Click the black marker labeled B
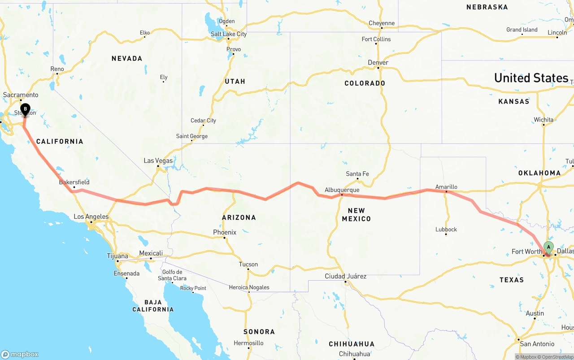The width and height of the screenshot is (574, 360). [x=26, y=109]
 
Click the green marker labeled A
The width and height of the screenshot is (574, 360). [x=548, y=247]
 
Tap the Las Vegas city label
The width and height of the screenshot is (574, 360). [x=158, y=160]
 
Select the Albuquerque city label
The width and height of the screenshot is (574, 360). [x=342, y=190]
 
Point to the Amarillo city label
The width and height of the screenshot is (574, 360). [x=446, y=187]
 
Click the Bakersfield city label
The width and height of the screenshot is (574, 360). [x=74, y=182]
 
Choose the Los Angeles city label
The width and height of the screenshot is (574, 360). [x=91, y=217]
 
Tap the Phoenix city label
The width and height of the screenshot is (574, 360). [x=225, y=232]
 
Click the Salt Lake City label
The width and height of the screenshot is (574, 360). [x=229, y=34]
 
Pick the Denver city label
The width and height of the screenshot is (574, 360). [x=378, y=62]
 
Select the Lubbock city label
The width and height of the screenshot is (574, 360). [x=446, y=229]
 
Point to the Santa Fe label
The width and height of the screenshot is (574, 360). [x=357, y=174]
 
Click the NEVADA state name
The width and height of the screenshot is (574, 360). [x=127, y=58]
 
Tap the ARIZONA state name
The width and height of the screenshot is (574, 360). [x=239, y=217]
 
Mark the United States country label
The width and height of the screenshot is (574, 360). [x=531, y=78]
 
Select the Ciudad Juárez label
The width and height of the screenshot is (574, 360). [x=345, y=276]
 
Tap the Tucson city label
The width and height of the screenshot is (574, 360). [x=248, y=264]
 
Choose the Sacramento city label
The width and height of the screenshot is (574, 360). [x=21, y=95]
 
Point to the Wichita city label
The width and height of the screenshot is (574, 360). [x=543, y=120]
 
